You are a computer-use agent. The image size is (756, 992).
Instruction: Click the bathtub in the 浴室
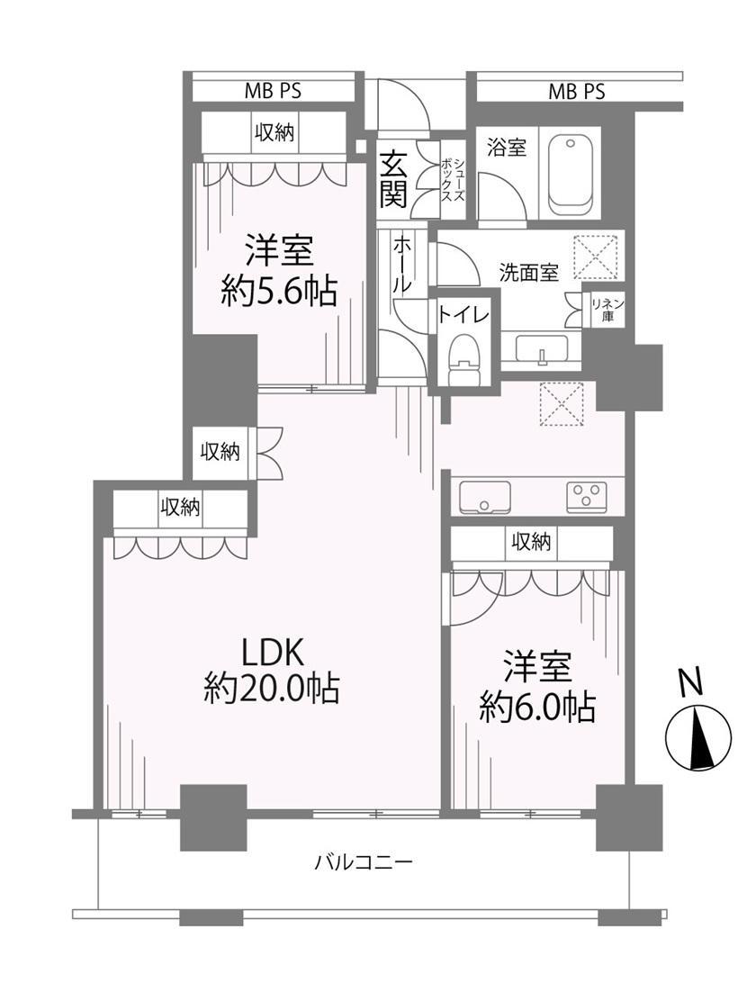571,175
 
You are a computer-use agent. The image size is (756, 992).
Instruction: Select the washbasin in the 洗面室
542,349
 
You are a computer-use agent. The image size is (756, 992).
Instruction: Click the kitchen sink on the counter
485,497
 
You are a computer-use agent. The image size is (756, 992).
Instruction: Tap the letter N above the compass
691,684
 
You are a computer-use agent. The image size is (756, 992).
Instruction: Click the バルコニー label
364,861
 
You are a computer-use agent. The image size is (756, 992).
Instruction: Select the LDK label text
273,653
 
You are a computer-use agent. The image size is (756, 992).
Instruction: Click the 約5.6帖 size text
278,293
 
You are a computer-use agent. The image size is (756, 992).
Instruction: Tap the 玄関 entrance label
393,181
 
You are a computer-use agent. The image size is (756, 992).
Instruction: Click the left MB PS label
274,91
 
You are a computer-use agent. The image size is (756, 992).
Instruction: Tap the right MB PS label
576,92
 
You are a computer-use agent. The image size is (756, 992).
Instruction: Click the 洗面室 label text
529,273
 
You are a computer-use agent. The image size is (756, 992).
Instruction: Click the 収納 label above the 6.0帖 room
531,542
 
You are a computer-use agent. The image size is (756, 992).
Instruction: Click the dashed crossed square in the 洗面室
595,257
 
